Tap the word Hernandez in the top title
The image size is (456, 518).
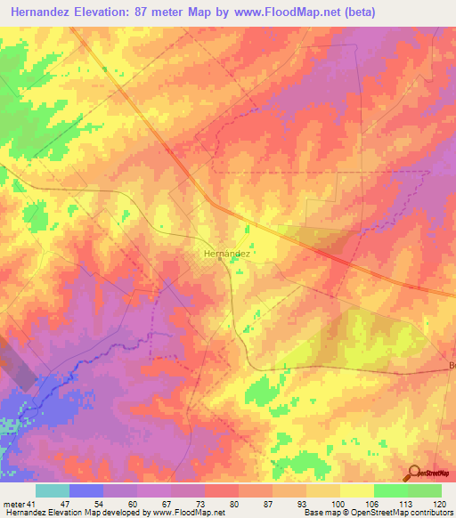(x=46, y=12)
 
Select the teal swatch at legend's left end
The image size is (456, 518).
(x=53, y=490)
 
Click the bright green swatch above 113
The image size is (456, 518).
(x=391, y=490)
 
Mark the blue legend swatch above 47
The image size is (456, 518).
(x=86, y=490)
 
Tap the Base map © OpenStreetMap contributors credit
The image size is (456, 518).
(x=377, y=514)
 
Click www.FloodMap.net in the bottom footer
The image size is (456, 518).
(x=181, y=514)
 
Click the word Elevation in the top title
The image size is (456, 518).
(x=112, y=12)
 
